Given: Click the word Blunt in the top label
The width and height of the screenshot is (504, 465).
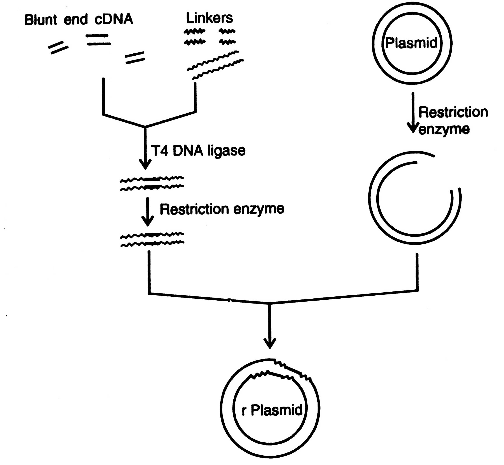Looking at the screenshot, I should pyautogui.click(x=41, y=20).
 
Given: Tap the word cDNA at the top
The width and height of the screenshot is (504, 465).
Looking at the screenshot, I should pyautogui.click(x=114, y=19).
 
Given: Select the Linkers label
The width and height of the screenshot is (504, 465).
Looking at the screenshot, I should pyautogui.click(x=209, y=18).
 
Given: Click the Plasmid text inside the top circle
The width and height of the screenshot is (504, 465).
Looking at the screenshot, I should pyautogui.click(x=411, y=43).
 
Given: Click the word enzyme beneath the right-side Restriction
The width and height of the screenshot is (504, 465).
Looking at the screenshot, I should pyautogui.click(x=444, y=130).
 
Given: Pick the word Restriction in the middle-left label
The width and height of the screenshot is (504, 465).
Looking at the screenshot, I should pyautogui.click(x=194, y=209).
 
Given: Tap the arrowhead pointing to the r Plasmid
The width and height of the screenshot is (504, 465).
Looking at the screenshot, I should pyautogui.click(x=270, y=343).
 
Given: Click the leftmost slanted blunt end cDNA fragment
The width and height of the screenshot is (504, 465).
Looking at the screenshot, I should pyautogui.click(x=58, y=48).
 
